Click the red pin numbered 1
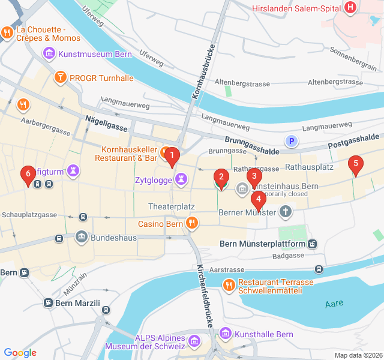click(172, 157)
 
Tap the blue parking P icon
click(292, 142)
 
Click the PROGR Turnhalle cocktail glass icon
click(61, 77)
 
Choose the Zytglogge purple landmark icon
click(180, 178)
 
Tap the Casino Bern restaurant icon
click(192, 224)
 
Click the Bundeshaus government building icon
click(82, 238)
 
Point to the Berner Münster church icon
click(286, 212)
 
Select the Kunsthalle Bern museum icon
click(225, 333)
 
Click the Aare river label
click(334, 304)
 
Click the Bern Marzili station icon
click(48, 304)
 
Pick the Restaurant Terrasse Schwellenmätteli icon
click(229, 285)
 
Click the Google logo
click(20, 353)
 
